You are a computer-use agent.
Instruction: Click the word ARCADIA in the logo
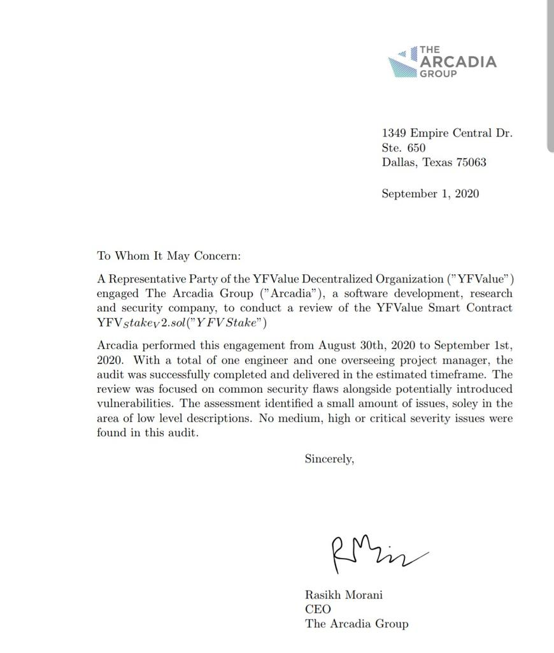coord(458,62)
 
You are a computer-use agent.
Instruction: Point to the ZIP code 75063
coord(471,162)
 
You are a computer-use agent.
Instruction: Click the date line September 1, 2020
coord(430,193)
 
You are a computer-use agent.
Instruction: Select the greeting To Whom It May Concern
coord(169,256)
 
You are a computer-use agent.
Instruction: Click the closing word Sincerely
coord(329,459)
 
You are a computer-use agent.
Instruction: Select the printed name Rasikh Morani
coord(343,595)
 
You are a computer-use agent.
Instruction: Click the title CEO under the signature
coord(318,609)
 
